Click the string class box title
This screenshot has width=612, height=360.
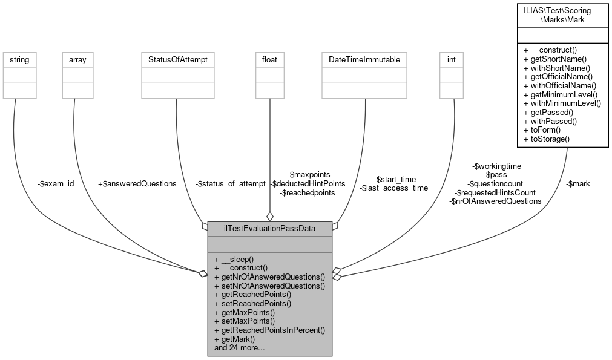19,60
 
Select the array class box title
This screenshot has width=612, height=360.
77,60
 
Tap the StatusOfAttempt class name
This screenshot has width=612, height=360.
178,60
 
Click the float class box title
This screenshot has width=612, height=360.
270,60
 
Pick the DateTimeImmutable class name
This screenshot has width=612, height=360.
364,60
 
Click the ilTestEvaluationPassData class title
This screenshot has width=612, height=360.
269,227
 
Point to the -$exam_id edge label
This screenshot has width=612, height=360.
56,183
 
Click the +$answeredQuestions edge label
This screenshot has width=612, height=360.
137,183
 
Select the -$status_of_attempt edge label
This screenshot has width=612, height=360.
230,183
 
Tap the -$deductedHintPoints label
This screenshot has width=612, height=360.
308,183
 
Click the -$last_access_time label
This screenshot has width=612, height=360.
394,188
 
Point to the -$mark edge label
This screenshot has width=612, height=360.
577,183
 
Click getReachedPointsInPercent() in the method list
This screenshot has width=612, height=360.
270,330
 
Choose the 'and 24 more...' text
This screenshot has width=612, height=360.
240,348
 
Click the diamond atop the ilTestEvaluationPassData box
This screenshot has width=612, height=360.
270,216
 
